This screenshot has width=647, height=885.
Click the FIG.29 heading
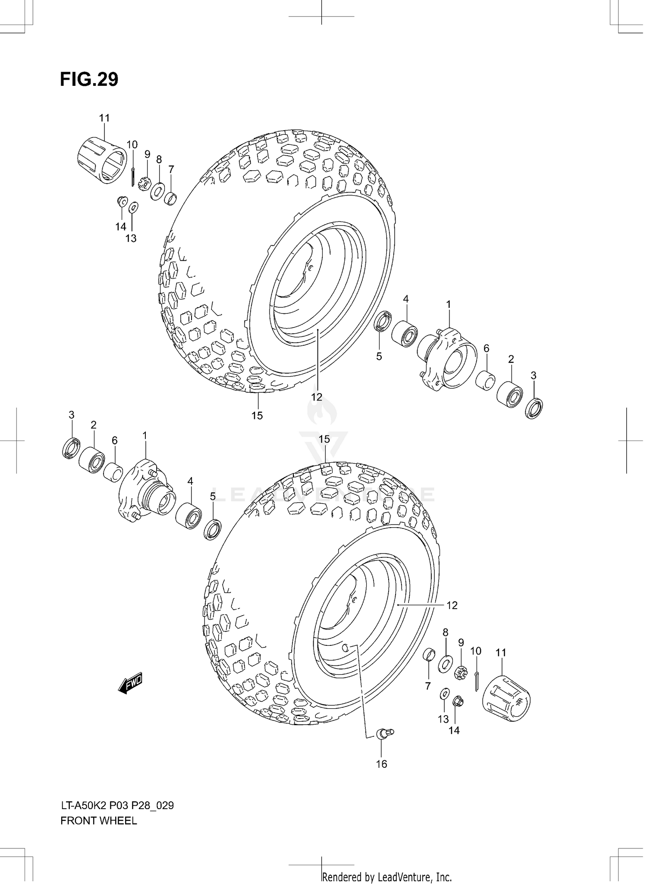coord(89,79)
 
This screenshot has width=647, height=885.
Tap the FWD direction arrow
coord(130,683)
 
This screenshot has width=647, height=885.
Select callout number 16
coord(381,764)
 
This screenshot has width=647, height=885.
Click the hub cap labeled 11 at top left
coord(102,160)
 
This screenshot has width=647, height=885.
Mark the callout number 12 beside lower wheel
coord(452,605)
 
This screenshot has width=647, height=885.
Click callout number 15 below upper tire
coord(257,416)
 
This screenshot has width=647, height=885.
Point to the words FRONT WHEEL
coord(99,821)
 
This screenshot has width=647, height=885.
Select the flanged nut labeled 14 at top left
coord(122,201)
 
